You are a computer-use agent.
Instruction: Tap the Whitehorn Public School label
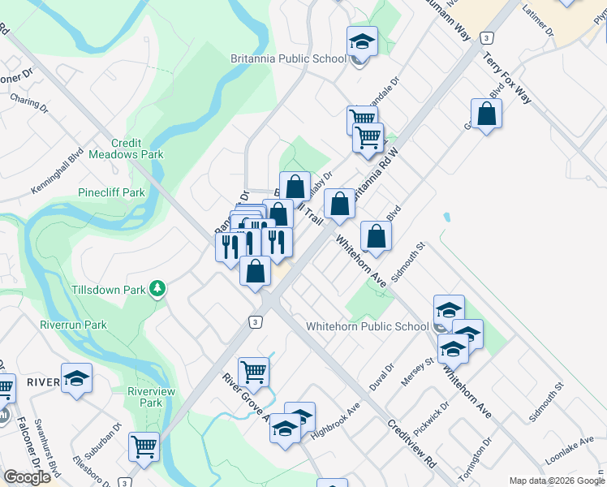pos(367,327)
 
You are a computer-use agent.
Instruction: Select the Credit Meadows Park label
pos(126,149)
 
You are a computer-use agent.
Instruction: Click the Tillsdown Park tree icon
pos(160,288)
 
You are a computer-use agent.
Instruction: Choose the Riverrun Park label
pos(74,325)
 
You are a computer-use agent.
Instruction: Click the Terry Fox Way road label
pos(507,78)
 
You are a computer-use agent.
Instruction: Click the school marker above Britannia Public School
pos(362,41)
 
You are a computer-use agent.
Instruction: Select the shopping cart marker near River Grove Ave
pos(253,373)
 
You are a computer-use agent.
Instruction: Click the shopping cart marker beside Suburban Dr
pos(144,446)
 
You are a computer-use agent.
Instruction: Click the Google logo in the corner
pos(27,477)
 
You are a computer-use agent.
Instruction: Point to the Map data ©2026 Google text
pos(556,481)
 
